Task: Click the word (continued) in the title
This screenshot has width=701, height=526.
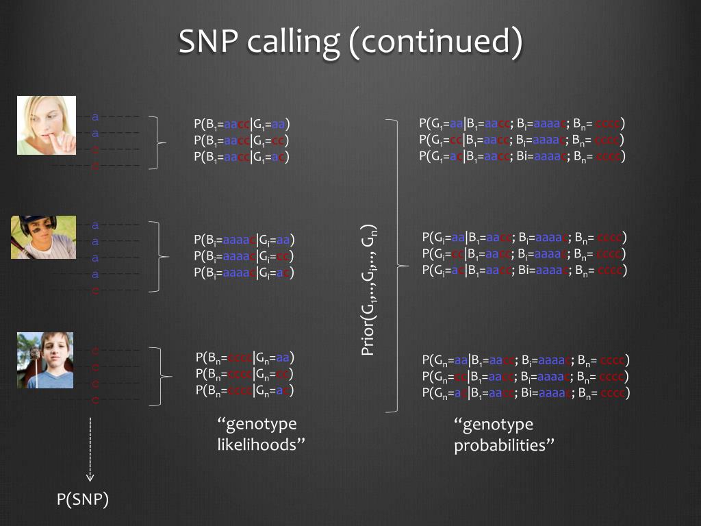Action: pyautogui.click(x=435, y=42)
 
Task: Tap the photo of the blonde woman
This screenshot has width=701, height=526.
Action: pyautogui.click(x=47, y=125)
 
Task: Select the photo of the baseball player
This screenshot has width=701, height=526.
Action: pyautogui.click(x=43, y=237)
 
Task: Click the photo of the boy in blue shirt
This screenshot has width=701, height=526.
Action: pyautogui.click(x=45, y=360)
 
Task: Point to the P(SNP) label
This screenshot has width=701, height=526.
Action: pyautogui.click(x=83, y=501)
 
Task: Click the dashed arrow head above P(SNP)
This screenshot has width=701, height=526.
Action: pyautogui.click(x=90, y=477)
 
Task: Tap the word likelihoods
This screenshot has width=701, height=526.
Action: pyautogui.click(x=257, y=444)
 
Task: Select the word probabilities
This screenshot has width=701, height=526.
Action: pyautogui.click(x=504, y=446)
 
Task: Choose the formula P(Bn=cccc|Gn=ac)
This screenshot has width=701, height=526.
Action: pyautogui.click(x=245, y=390)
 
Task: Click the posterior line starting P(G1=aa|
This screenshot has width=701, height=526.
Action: pyautogui.click(x=522, y=124)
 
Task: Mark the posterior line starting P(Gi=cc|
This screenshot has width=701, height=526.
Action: pyautogui.click(x=524, y=254)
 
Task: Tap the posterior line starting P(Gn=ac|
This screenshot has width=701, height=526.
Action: pyautogui.click(x=526, y=393)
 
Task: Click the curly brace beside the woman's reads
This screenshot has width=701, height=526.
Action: pyautogui.click(x=160, y=142)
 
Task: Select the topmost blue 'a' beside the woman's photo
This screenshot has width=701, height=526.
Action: pyautogui.click(x=95, y=116)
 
